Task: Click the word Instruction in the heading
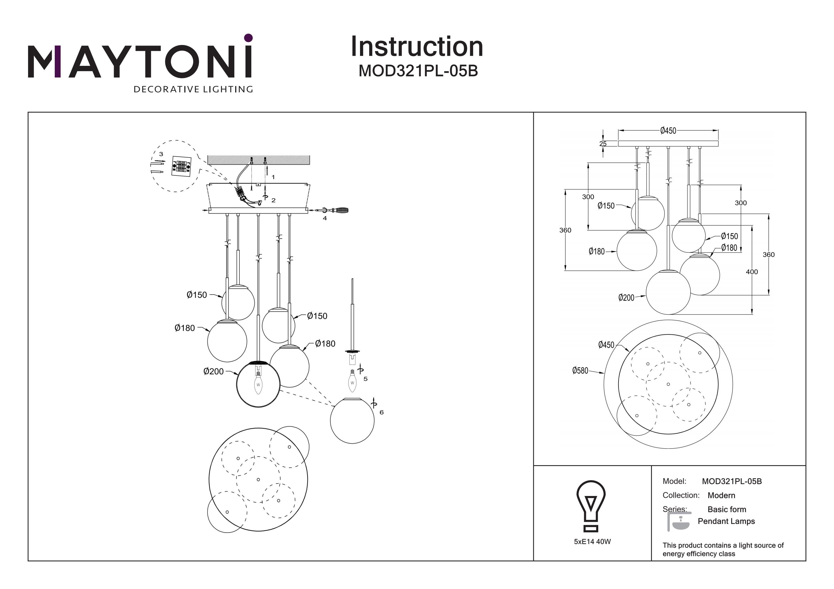[x=417, y=47]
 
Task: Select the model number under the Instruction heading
[x=418, y=71]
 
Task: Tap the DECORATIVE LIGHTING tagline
[x=193, y=89]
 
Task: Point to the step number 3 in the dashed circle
[x=161, y=154]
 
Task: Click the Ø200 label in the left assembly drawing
[x=214, y=371]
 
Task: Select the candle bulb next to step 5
[x=352, y=381]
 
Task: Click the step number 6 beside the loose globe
[x=381, y=412]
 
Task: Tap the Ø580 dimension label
[x=580, y=370]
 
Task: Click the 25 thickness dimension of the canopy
[x=603, y=144]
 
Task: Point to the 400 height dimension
[x=751, y=272]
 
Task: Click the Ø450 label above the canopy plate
[x=668, y=131]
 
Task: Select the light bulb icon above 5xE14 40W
[x=591, y=505]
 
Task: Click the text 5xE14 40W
[x=592, y=542]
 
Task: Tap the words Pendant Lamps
[x=726, y=521]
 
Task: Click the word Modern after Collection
[x=721, y=495]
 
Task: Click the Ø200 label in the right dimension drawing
[x=626, y=298]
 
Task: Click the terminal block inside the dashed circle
[x=181, y=166]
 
